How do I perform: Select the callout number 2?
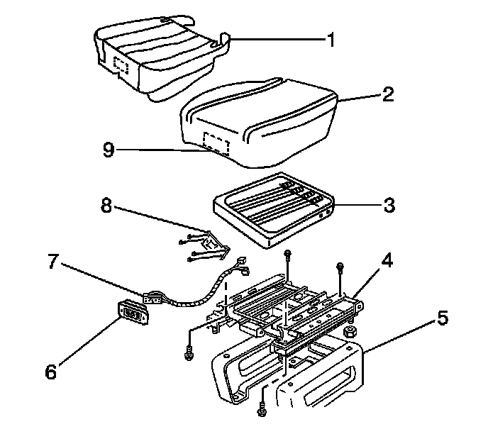click(387, 95)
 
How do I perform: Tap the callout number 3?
click(389, 206)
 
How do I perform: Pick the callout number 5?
click(442, 318)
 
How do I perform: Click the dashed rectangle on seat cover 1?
click(121, 65)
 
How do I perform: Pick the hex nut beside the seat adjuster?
click(349, 331)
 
